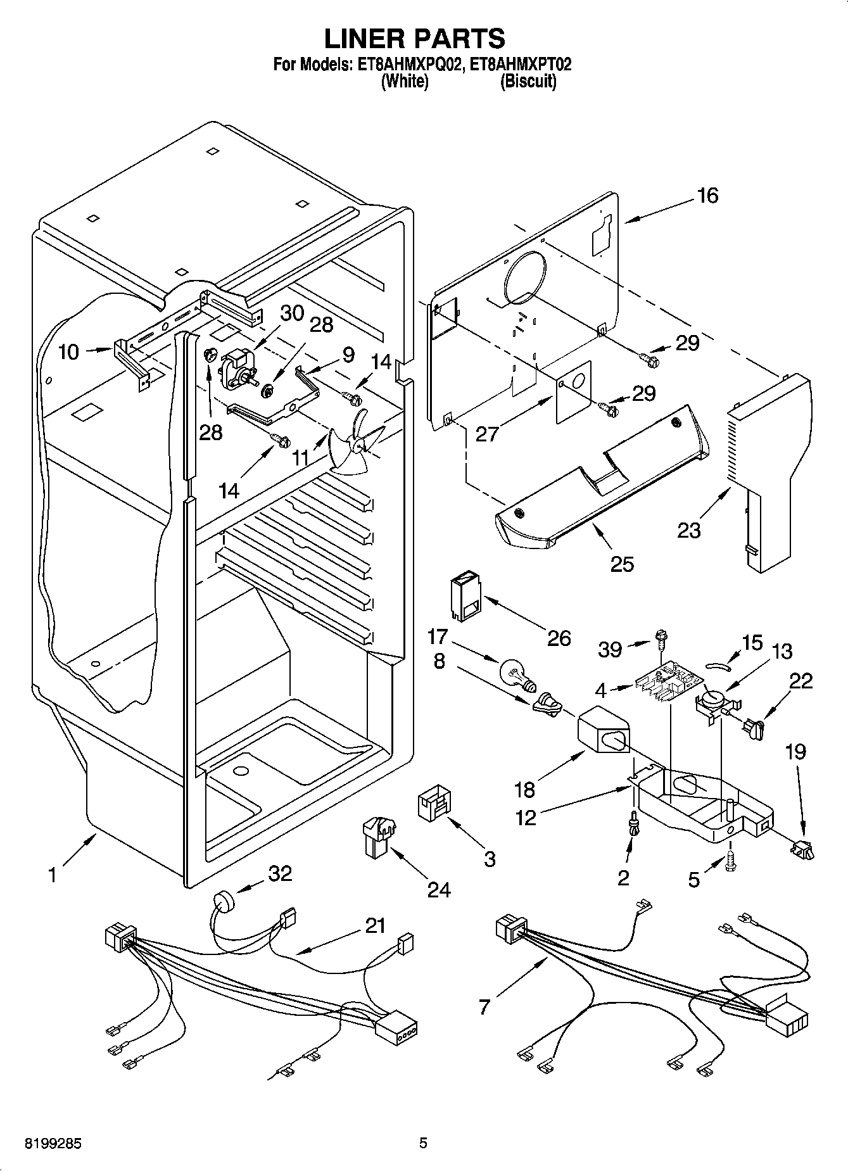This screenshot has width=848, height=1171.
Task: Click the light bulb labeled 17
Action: coord(517,673)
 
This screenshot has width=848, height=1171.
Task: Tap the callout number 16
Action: coord(707,196)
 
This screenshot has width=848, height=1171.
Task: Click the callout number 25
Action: coord(621,563)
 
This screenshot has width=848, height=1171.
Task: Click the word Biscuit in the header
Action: coord(528,82)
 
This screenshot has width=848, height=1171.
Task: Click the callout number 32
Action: coord(280,873)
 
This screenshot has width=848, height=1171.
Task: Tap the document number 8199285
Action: coord(53,1143)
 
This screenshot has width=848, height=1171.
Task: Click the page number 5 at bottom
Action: coord(423,1143)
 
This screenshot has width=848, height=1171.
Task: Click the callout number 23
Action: coord(688,529)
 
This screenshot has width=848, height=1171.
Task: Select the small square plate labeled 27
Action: coord(574,393)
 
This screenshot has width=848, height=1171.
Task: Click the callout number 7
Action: coord(484,1006)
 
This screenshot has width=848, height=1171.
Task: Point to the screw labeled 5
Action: coord(730,863)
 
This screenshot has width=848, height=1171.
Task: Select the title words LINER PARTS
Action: coord(415,39)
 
